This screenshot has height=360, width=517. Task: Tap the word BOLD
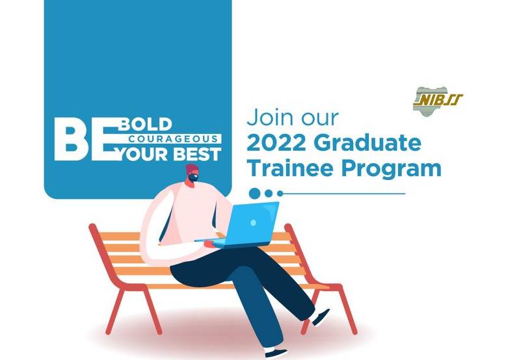[146, 125]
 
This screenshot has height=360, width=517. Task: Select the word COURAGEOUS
[174, 138]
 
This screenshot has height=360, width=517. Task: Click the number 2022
[277, 143]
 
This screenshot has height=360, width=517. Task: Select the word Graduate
[367, 144]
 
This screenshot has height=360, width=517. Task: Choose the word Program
[391, 170]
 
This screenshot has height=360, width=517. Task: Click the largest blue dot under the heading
[254, 194]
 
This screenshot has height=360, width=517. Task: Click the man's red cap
[192, 169]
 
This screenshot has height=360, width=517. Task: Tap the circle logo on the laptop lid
[253, 223]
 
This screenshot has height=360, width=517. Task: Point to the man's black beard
[192, 178]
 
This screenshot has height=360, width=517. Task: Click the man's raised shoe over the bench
[321, 317]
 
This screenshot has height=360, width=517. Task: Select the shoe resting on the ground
[276, 353]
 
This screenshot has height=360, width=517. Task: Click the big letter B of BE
[72, 139]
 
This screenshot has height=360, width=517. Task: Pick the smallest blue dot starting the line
[280, 194]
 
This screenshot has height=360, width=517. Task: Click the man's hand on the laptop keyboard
[209, 244]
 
